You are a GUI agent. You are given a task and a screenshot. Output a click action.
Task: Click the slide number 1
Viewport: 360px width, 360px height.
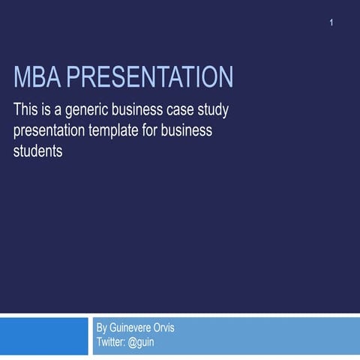point(331,24)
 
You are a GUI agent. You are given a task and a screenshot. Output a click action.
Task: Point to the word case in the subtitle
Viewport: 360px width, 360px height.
point(191,111)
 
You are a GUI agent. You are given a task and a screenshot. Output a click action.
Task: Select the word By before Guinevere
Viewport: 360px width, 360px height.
point(103,328)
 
